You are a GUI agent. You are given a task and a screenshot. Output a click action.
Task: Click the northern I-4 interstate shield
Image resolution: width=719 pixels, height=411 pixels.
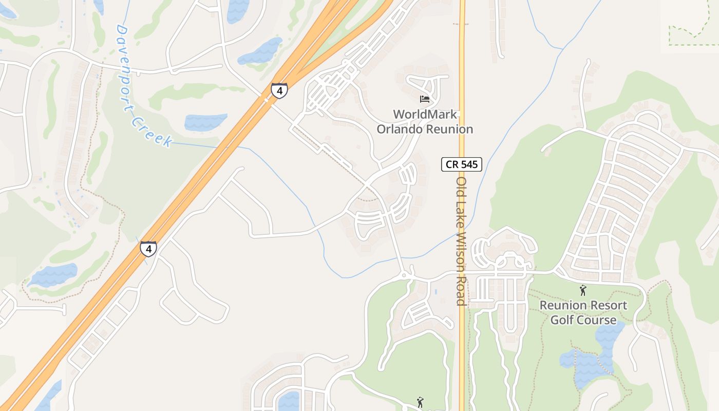point(279,90)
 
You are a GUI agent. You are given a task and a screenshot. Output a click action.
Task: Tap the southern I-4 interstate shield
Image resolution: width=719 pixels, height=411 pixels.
point(148,249)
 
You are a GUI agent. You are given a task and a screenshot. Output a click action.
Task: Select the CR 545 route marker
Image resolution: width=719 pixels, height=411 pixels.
point(462,165)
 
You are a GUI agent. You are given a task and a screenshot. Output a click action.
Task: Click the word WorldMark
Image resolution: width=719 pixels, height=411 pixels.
point(425,115)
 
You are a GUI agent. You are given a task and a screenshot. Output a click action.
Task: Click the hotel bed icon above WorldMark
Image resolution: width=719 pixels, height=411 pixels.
point(424,99)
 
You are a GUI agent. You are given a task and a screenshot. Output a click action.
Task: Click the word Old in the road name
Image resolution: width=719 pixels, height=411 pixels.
point(461,186)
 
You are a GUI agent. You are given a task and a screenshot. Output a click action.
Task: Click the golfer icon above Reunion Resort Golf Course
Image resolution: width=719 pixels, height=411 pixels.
point(582,291)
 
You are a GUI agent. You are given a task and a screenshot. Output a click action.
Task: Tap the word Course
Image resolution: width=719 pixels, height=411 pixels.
point(599,320)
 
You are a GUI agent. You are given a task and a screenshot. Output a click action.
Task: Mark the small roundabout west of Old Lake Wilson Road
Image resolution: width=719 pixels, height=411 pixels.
point(404,275)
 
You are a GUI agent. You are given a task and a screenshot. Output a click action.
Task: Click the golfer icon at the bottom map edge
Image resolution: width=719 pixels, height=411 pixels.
point(420,402)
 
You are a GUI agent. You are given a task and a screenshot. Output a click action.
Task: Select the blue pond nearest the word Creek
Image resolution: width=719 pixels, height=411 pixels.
point(205,122)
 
